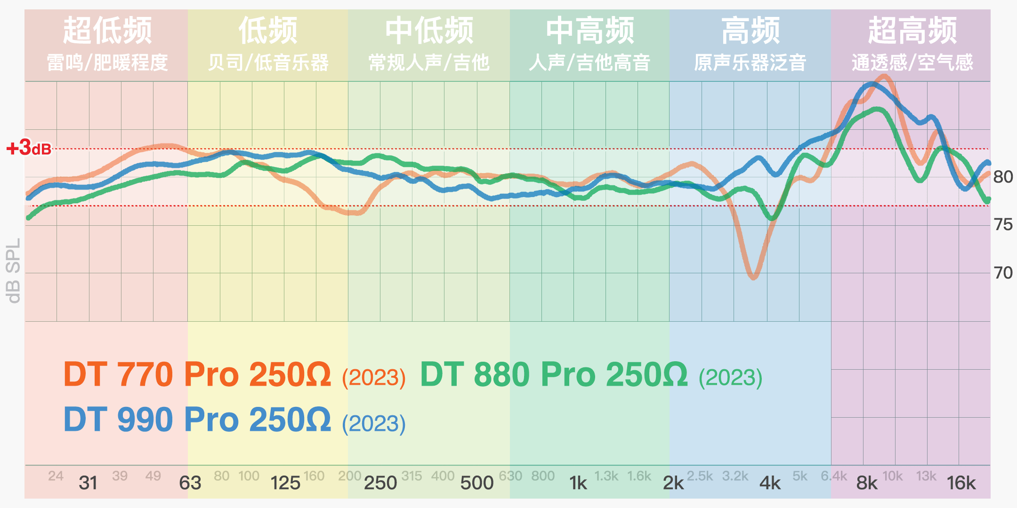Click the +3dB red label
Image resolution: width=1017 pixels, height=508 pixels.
(29, 148)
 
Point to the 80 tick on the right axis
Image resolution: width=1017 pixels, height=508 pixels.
(1003, 177)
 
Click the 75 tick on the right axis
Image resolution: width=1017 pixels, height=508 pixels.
(1003, 225)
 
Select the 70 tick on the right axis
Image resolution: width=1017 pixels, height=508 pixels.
(1003, 273)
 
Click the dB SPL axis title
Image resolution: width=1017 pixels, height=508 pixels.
(13, 270)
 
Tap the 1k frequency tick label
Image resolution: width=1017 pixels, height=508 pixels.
(578, 483)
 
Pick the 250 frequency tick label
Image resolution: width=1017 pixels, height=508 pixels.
(380, 483)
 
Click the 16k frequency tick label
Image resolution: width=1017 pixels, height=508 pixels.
(961, 483)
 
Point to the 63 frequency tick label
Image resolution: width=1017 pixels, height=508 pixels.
(190, 483)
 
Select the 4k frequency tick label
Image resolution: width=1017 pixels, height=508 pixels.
(770, 483)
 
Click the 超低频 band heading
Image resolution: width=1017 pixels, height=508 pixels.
(107, 31)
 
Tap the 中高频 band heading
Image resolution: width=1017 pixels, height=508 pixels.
(590, 31)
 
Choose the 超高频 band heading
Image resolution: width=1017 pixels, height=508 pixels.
(912, 31)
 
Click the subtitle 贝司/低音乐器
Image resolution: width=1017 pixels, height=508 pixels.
(268, 63)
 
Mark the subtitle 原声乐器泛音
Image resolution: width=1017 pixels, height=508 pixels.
(750, 63)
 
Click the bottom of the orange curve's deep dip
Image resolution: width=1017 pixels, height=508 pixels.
(753, 277)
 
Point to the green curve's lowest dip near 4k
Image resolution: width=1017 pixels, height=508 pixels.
(772, 218)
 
